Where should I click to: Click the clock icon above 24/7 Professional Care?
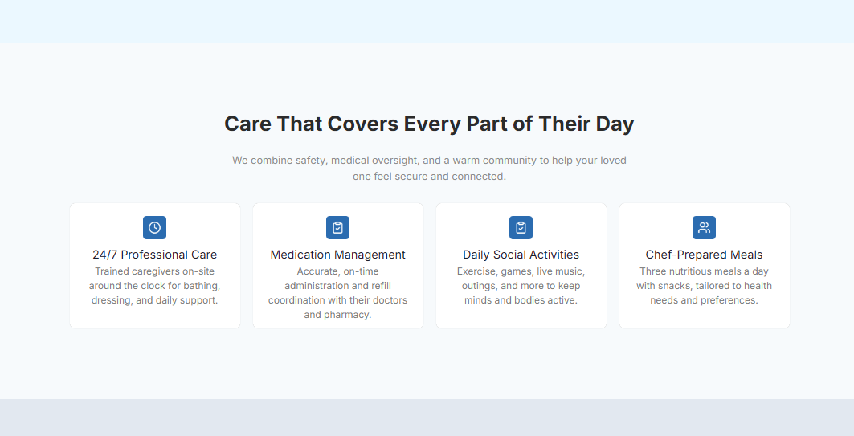pyautogui.click(x=155, y=227)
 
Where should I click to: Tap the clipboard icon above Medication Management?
pyautogui.click(x=337, y=227)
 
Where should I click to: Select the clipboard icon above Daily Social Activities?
pyautogui.click(x=521, y=227)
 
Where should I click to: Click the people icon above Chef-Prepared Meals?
pyautogui.click(x=705, y=227)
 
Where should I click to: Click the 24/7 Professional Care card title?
pyautogui.click(x=155, y=255)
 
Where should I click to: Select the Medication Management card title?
pyautogui.click(x=337, y=255)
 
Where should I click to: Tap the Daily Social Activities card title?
pyautogui.click(x=521, y=255)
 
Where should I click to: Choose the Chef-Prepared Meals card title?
pyautogui.click(x=705, y=255)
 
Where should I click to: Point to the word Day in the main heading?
pyautogui.click(x=615, y=124)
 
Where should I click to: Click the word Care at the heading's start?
pyautogui.click(x=247, y=124)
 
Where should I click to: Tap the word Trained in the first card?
pyautogui.click(x=112, y=271)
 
